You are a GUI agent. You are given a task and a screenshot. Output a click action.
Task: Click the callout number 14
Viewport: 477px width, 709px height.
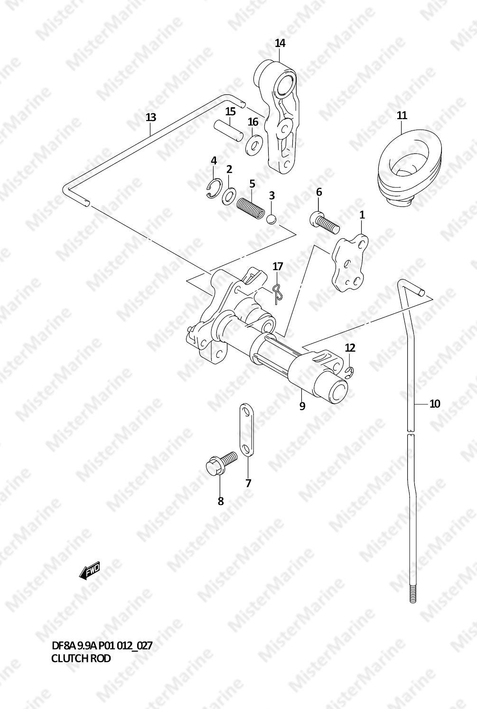(280, 43)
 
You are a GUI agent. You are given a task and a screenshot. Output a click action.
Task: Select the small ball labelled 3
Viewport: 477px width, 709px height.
(271, 219)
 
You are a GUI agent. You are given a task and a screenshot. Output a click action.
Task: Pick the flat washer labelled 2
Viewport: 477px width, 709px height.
(230, 195)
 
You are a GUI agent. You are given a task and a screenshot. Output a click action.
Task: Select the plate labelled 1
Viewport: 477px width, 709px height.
(349, 264)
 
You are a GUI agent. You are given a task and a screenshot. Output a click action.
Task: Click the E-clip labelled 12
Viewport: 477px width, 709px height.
(350, 373)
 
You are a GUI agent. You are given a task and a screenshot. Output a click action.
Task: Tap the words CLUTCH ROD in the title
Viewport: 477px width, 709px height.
(81, 658)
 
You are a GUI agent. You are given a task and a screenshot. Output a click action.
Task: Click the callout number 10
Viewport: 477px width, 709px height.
(435, 404)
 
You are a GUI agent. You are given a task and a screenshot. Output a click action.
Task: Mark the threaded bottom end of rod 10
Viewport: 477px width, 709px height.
(412, 593)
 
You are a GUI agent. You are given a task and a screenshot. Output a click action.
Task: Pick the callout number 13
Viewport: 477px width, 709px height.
(150, 117)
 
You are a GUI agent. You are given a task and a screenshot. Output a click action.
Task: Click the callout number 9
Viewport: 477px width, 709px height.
(302, 406)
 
